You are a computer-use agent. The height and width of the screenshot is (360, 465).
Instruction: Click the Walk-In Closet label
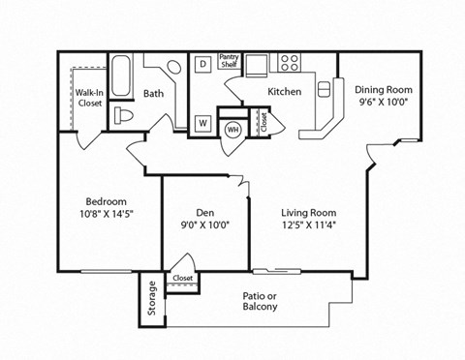(x=91, y=97)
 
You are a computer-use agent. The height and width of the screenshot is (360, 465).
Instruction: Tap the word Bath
(x=153, y=94)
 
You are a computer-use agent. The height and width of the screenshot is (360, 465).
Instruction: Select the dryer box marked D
(x=203, y=64)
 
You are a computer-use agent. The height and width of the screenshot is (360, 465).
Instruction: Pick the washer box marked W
(x=203, y=124)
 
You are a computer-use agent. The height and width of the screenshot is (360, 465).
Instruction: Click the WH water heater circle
(x=232, y=129)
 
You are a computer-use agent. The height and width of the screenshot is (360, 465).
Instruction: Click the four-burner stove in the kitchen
(x=290, y=63)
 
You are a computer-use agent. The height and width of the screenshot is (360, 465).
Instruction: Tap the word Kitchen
(x=285, y=92)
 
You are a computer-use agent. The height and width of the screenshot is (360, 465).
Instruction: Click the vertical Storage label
(x=152, y=299)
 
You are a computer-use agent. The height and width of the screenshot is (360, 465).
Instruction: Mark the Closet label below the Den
(x=182, y=278)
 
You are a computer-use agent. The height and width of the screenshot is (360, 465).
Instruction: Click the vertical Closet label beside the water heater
(x=263, y=122)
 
